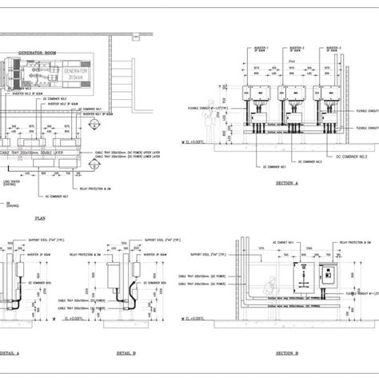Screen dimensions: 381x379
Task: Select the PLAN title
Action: click(41, 216)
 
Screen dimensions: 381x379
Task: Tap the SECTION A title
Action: click(285, 183)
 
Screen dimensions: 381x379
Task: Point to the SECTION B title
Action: click(286, 352)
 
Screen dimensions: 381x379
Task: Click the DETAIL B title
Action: click(126, 352)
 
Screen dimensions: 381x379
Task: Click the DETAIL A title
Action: click(10, 352)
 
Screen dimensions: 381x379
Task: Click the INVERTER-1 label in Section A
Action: click(263, 48)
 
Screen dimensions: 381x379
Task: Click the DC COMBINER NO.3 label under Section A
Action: click(308, 161)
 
